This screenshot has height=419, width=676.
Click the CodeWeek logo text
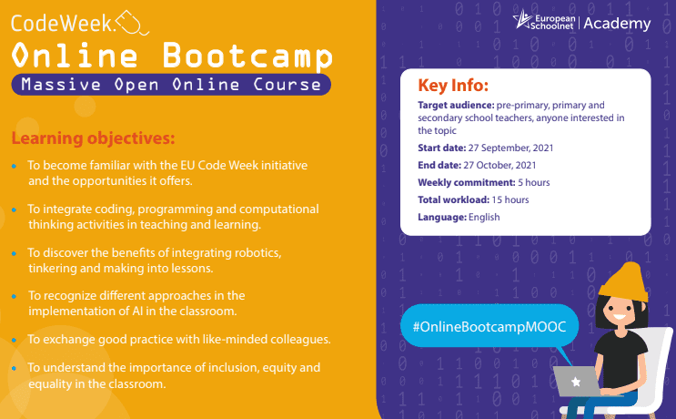[x=63, y=24]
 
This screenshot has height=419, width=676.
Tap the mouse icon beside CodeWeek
[x=132, y=23]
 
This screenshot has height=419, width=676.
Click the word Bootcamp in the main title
[x=247, y=56]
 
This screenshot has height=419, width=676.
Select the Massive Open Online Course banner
[x=171, y=85]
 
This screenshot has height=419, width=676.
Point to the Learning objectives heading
[x=93, y=138]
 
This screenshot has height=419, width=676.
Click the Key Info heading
[x=453, y=86]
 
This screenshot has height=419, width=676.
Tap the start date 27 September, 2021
[x=510, y=148]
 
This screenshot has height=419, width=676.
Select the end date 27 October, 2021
[x=499, y=165]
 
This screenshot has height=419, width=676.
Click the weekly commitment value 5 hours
[x=534, y=182]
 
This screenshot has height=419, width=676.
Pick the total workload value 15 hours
[x=510, y=199]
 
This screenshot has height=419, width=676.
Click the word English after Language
[x=484, y=217]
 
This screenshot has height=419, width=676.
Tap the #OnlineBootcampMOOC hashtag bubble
[x=489, y=326]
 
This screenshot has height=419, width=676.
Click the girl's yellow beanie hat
[x=625, y=282]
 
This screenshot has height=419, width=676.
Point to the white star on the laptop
[x=576, y=382]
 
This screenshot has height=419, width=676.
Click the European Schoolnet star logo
[x=522, y=19]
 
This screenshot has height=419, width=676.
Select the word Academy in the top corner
[x=617, y=24]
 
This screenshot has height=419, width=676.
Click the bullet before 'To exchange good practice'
[x=15, y=340]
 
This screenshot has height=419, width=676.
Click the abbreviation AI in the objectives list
[x=137, y=312]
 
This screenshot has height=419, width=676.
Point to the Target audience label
[x=456, y=106]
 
